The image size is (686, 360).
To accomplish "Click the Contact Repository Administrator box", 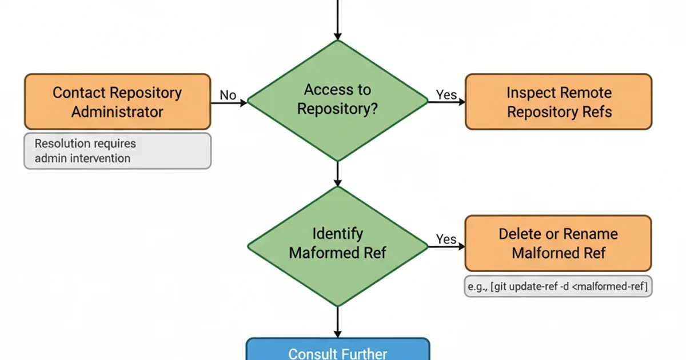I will [x=117, y=102].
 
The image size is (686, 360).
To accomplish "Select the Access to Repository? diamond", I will [x=337, y=100].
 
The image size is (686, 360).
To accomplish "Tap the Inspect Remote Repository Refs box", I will [x=559, y=102].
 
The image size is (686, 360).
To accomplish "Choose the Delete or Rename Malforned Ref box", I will [x=558, y=243].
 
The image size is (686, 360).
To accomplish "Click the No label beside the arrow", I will [x=228, y=95].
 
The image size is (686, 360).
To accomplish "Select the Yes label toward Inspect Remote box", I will [x=446, y=94].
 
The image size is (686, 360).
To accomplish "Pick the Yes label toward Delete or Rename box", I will [x=446, y=239].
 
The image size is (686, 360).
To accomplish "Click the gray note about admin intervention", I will [x=117, y=151].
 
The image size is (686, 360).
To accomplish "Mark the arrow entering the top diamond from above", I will [x=337, y=20].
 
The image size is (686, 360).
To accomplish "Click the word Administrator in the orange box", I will [x=117, y=111].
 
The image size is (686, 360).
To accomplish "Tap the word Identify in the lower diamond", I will [x=337, y=233].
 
